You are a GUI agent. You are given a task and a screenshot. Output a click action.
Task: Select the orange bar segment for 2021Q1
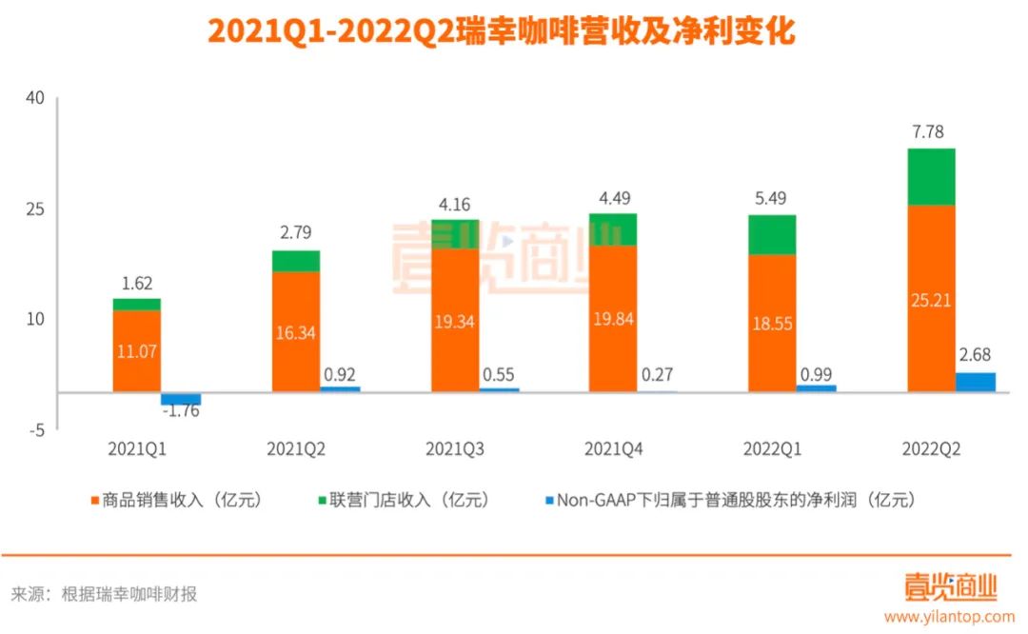pos(137,350)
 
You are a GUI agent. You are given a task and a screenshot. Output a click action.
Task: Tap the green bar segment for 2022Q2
pos(931,177)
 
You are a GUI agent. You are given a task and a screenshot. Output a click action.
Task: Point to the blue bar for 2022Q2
pos(975,382)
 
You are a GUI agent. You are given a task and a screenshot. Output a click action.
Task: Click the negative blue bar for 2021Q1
pos(181,399)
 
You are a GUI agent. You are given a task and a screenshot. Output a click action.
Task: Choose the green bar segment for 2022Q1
pos(772,235)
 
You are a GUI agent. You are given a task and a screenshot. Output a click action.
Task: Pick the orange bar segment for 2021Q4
pos(613,318)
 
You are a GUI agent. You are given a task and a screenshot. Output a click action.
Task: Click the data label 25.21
pos(931,300)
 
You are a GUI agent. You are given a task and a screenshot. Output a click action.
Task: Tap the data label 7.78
pos(927,132)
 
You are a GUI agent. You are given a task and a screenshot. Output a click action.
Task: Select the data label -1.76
pos(181,412)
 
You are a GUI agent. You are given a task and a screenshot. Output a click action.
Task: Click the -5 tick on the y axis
pos(35,430)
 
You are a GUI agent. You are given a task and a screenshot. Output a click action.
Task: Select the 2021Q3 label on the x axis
pos(455,448)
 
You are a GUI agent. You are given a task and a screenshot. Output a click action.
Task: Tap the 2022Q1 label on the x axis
pos(772,448)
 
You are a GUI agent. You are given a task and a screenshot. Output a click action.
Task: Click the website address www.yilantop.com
pos(949,617)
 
